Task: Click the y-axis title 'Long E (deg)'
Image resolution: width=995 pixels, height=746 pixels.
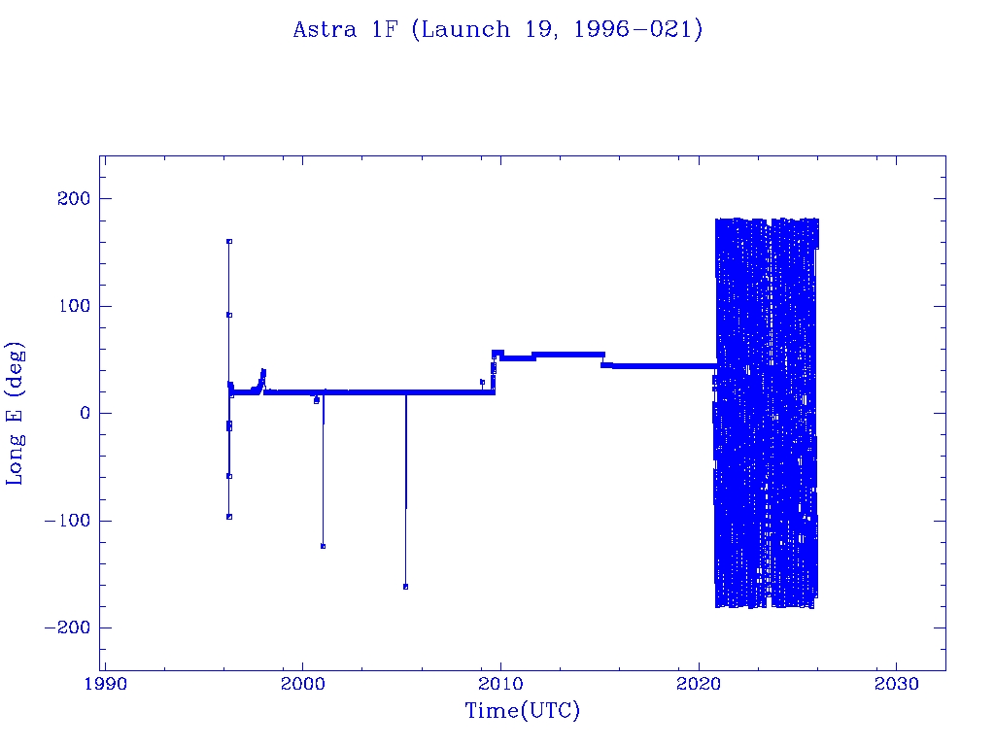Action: pos(16,413)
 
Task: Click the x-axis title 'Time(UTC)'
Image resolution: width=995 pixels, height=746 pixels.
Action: pos(522,711)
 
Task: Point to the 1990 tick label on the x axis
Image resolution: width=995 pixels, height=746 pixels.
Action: pos(104,684)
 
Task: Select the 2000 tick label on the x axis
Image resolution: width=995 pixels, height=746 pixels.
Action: pos(302,684)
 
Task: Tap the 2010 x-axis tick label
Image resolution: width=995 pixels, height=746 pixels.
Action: pos(500,684)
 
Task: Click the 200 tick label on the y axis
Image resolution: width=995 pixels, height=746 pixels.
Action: pos(73,199)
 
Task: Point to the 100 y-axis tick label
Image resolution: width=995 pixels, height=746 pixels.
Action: pos(73,306)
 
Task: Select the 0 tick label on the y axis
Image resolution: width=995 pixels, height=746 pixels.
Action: pos(84,413)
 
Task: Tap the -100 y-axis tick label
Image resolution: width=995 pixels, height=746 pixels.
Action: pos(67,521)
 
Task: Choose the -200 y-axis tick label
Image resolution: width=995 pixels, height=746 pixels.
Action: pos(67,627)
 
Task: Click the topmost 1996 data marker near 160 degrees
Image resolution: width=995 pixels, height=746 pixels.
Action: pos(228,241)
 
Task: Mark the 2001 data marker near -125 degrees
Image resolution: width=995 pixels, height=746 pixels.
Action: pos(323,546)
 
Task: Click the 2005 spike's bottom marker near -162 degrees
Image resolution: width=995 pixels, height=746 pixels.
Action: pos(405,587)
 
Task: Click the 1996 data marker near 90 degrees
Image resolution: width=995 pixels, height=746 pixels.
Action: pos(228,315)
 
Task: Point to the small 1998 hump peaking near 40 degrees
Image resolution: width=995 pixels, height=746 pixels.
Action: pos(262,372)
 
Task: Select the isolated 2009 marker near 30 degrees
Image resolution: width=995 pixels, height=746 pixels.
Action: pos(482,382)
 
